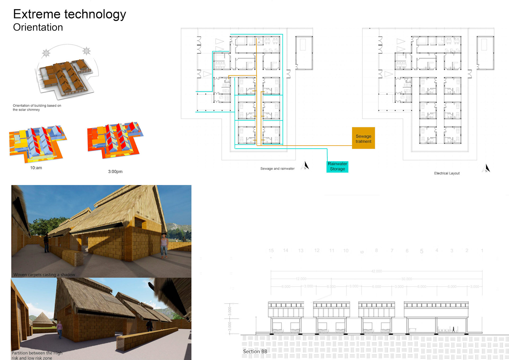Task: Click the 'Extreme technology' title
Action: pyautogui.click(x=69, y=14)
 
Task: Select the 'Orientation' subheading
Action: pyautogui.click(x=38, y=27)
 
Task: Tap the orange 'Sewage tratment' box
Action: pyautogui.click(x=363, y=138)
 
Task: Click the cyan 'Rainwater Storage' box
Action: pyautogui.click(x=337, y=166)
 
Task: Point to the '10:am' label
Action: pyautogui.click(x=36, y=168)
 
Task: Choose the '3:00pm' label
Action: pyautogui.click(x=115, y=172)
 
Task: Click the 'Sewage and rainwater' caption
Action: pyautogui.click(x=277, y=169)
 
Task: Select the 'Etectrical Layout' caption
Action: pyautogui.click(x=447, y=173)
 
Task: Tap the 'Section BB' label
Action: pyautogui.click(x=255, y=352)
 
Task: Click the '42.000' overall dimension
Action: pyautogui.click(x=376, y=271)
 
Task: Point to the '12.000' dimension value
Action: pyautogui.click(x=301, y=279)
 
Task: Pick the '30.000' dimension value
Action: pyautogui.click(x=406, y=279)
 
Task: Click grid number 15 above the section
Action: pyautogui.click(x=271, y=251)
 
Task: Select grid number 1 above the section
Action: pyautogui.click(x=482, y=251)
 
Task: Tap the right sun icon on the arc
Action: pyautogui.click(x=86, y=51)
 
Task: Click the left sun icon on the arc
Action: pyautogui.click(x=46, y=53)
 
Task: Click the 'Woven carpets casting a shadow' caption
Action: pyautogui.click(x=44, y=275)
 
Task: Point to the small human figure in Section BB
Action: pyautogui.click(x=453, y=329)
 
